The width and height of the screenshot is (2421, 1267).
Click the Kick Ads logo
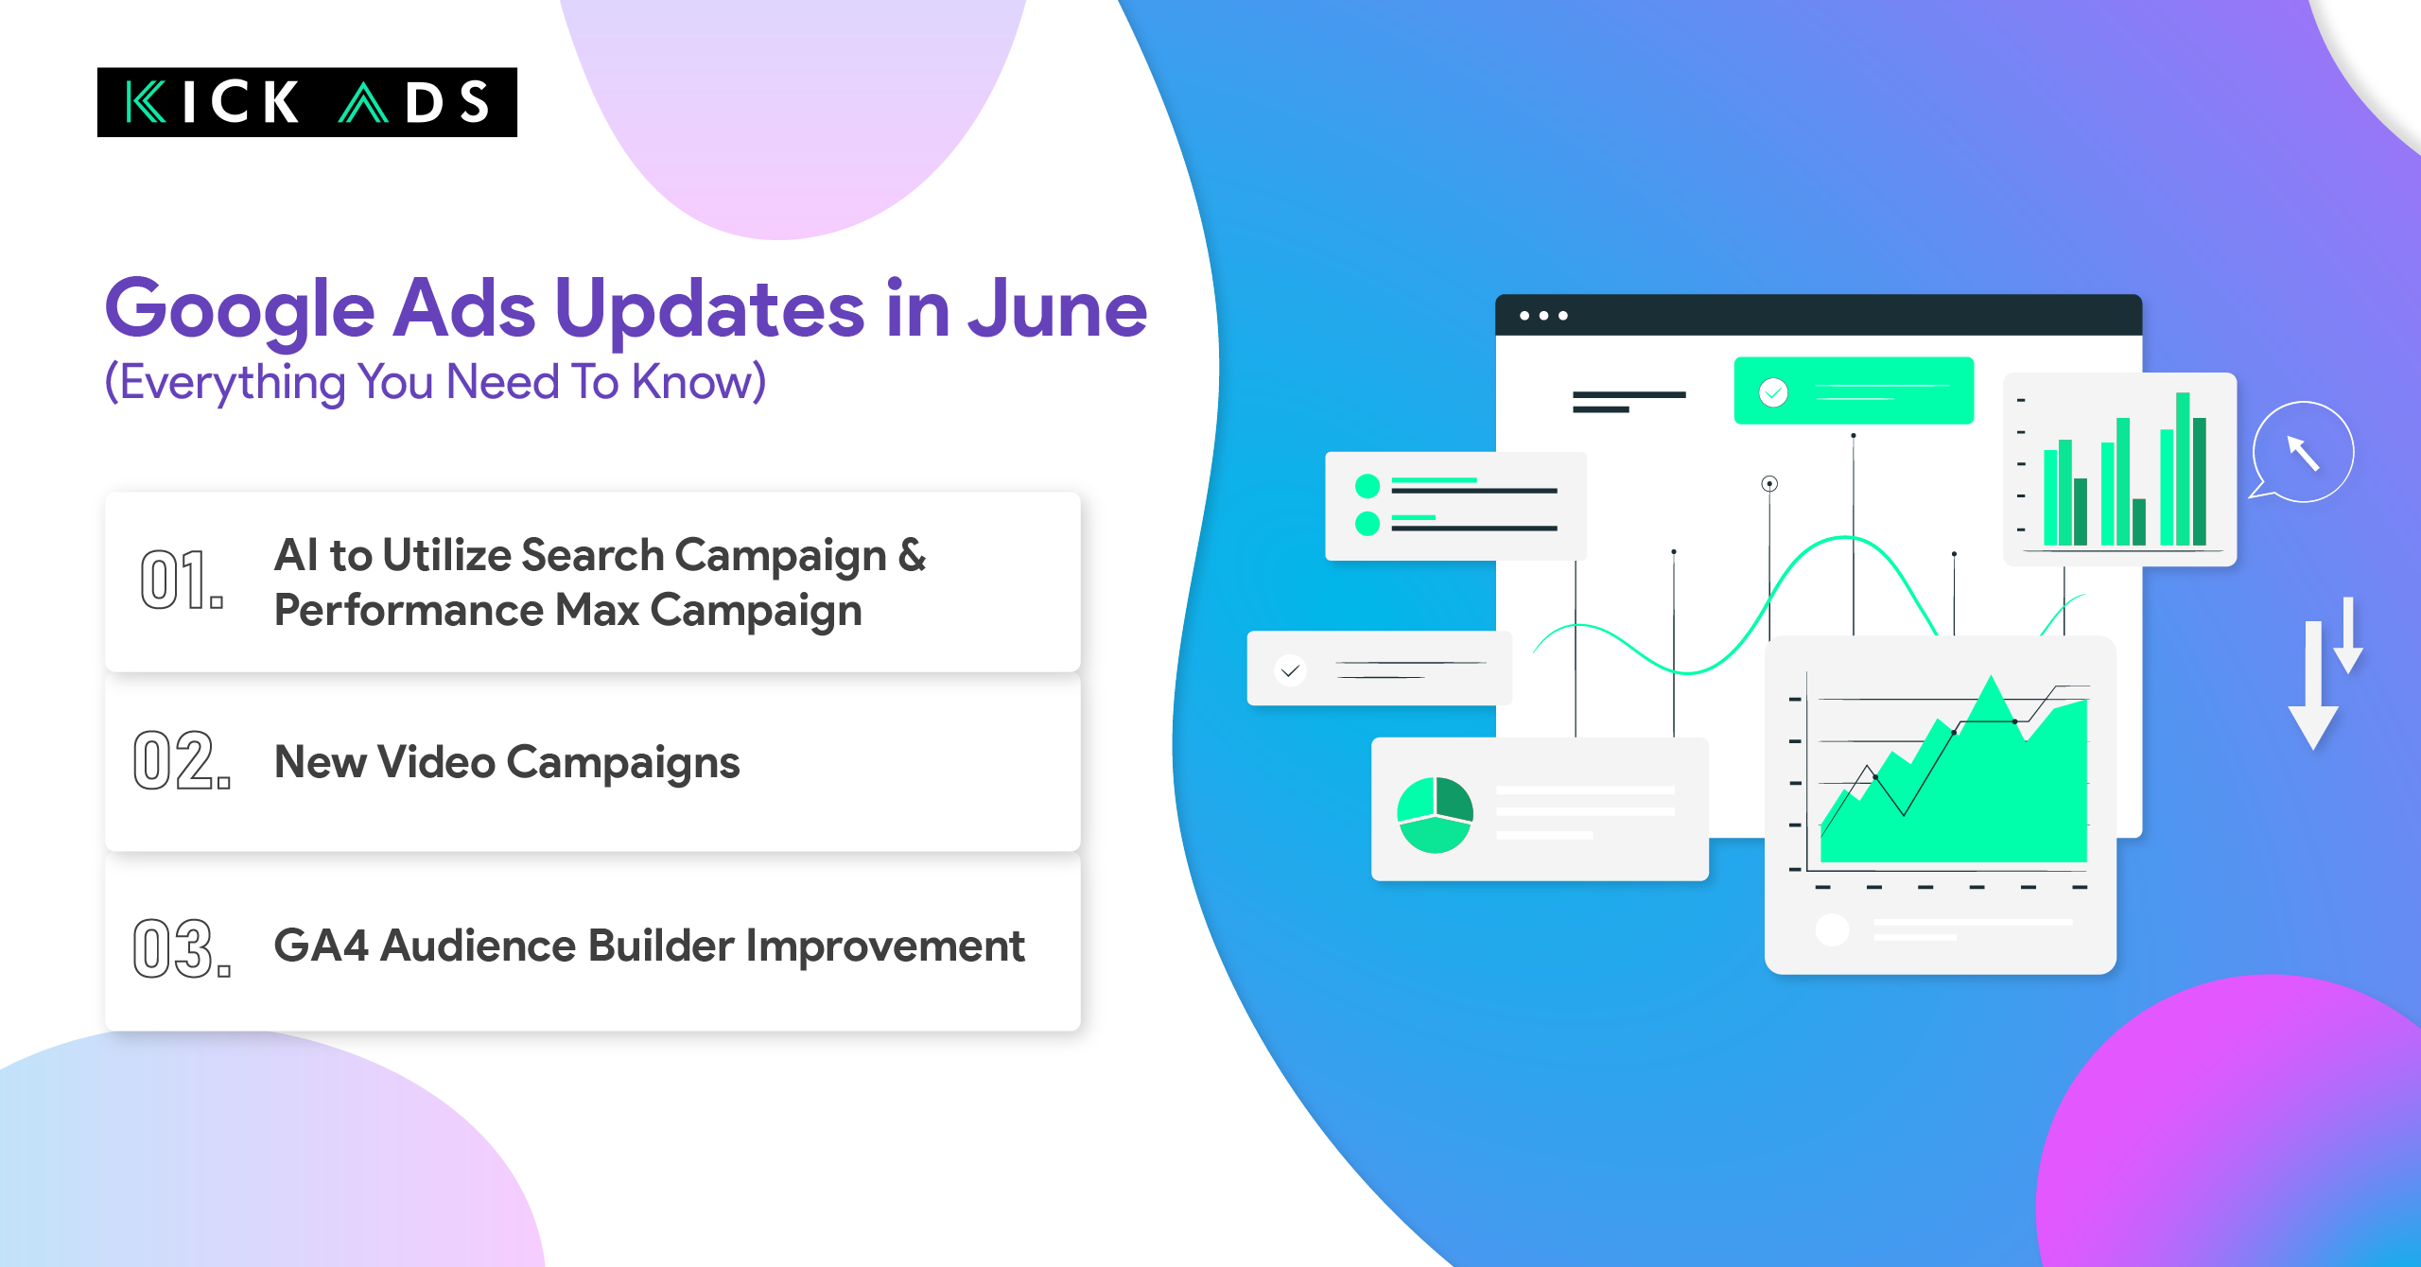click(x=306, y=102)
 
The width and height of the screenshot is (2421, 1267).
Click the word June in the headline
click(x=1056, y=310)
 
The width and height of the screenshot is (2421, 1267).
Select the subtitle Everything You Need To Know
click(x=435, y=383)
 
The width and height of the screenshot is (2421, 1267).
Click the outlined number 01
click(x=181, y=580)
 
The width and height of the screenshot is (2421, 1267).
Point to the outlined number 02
click(x=181, y=760)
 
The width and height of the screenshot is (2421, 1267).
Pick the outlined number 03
click(x=181, y=947)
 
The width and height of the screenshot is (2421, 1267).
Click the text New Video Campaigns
click(x=506, y=762)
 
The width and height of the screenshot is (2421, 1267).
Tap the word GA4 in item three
click(x=321, y=946)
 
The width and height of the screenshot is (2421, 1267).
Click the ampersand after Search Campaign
click(x=912, y=555)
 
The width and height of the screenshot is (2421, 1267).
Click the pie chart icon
click(x=1435, y=815)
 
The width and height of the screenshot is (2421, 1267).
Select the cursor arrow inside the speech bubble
click(x=2303, y=452)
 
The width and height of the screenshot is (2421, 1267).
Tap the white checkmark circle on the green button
click(x=1773, y=391)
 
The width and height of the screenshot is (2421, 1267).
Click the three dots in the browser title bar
click(x=1543, y=316)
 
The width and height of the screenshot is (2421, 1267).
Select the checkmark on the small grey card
click(x=1290, y=670)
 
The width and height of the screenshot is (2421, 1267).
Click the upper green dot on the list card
click(x=1367, y=486)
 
